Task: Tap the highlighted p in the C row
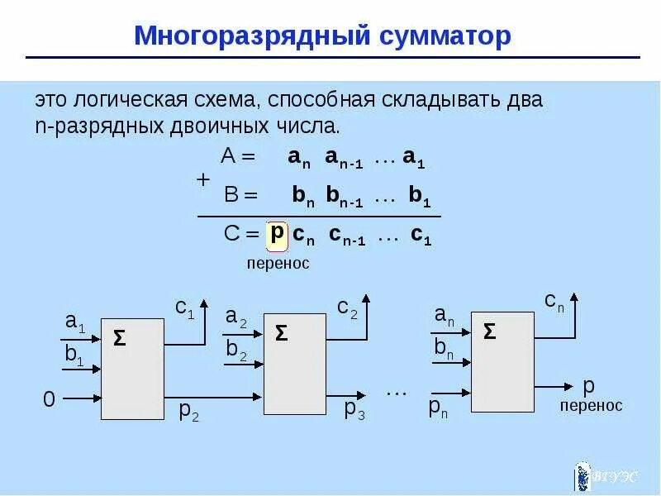click(278, 233)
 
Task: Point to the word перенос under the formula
click(278, 264)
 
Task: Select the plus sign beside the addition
click(203, 179)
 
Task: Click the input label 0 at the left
click(49, 400)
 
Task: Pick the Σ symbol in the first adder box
click(120, 337)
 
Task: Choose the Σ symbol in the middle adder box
click(281, 332)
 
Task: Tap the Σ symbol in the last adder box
click(490, 331)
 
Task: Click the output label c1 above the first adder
click(184, 309)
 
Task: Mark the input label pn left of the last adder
click(438, 407)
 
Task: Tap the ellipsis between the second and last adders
click(397, 391)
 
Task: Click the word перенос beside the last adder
click(591, 405)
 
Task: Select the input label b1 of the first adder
click(74, 355)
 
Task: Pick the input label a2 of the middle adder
click(236, 316)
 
